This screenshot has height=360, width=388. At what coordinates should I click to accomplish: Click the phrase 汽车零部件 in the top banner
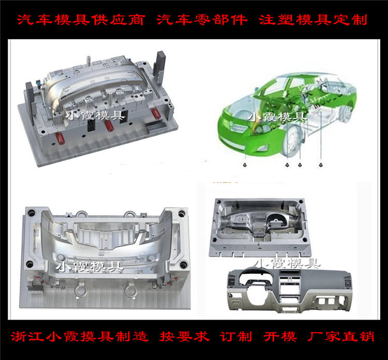pyautogui.click(x=202, y=20)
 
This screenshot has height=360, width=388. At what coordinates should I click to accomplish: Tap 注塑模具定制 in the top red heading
pyautogui.click(x=313, y=20)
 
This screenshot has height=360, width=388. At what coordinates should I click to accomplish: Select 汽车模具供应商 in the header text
pyautogui.click(x=81, y=20)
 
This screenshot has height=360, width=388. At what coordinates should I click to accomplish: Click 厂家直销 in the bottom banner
pyautogui.click(x=340, y=337)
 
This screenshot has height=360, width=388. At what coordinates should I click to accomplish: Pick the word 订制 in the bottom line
pyautogui.click(x=236, y=337)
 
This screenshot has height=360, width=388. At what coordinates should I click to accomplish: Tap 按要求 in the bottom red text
pyautogui.click(x=184, y=337)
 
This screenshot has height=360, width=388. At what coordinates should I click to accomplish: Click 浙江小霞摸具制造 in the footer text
pyautogui.click(x=80, y=337)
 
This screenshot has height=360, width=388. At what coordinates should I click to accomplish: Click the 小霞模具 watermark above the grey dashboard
pyautogui.click(x=287, y=263)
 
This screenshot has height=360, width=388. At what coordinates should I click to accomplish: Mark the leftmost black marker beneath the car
pyautogui.click(x=245, y=165)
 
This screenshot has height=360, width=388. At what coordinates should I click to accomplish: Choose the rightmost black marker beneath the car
pyautogui.click(x=321, y=165)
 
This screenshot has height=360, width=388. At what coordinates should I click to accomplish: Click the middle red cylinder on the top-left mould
pyautogui.click(x=109, y=126)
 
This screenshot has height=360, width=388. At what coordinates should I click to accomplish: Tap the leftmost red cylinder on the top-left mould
pyautogui.click(x=60, y=139)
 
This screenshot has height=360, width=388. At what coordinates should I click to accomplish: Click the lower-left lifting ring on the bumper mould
pyautogui.click(x=81, y=291)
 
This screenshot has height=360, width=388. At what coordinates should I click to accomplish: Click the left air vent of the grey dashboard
pyautogui.click(x=232, y=282)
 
